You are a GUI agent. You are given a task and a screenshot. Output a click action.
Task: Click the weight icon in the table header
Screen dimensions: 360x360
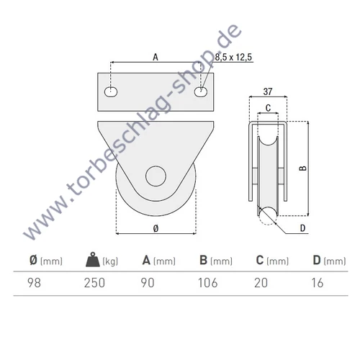[92, 261]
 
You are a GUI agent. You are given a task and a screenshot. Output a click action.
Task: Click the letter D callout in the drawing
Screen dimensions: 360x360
[302, 229]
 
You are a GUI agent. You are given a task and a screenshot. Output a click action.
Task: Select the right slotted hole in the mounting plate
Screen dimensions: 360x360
[202, 92]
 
